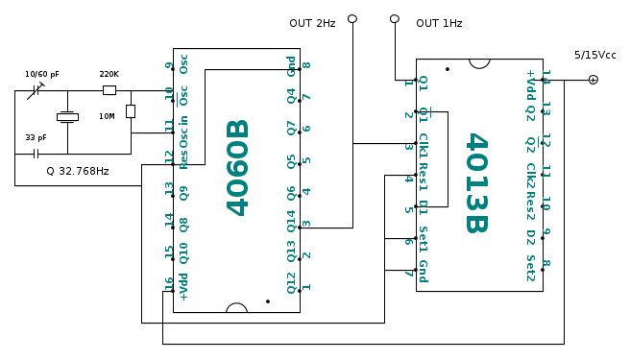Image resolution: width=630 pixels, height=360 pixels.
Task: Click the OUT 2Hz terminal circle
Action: coord(352,19)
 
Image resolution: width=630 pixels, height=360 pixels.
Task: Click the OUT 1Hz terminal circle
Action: coord(395,19)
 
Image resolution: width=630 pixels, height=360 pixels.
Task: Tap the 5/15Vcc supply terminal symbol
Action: coord(594,80)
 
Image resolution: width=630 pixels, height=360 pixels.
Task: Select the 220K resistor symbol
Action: coord(109,90)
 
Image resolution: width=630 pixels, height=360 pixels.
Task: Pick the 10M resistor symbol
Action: coord(131,111)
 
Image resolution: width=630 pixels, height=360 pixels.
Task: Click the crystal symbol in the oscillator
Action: coord(67,117)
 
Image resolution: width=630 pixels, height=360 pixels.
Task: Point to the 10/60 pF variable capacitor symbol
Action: coord(36,91)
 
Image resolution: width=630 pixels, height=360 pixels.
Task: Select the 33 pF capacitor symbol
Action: coord(36,154)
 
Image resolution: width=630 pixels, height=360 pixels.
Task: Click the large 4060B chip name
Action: coord(238,168)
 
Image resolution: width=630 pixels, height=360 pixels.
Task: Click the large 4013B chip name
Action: coord(477,182)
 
